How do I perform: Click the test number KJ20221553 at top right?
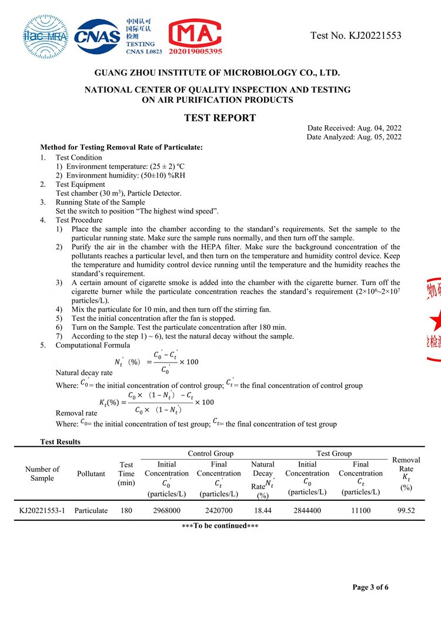(x=356, y=36)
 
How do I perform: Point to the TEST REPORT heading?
(x=220, y=118)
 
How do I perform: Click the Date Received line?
(x=354, y=128)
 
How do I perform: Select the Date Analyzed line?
(x=353, y=137)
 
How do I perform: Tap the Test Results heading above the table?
(x=60, y=441)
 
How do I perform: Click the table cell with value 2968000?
(x=166, y=511)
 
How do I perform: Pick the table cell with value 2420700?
(x=219, y=511)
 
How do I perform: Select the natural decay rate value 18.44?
(x=262, y=511)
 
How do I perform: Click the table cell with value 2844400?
(x=307, y=511)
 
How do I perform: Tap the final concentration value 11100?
(x=360, y=511)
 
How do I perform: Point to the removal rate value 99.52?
(x=406, y=511)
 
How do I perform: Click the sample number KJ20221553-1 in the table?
(x=42, y=511)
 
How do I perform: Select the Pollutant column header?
(x=91, y=474)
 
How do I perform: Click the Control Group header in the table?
(x=211, y=454)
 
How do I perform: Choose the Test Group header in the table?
(x=334, y=454)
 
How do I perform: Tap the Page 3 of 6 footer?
(x=370, y=587)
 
